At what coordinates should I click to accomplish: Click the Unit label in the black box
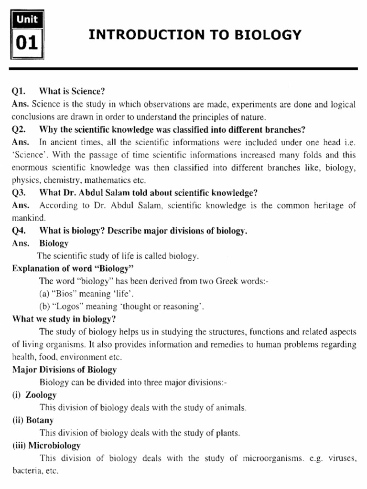(x=26, y=20)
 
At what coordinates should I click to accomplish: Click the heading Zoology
(x=41, y=395)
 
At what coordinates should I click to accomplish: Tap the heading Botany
(x=40, y=420)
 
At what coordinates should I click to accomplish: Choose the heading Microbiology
(x=54, y=446)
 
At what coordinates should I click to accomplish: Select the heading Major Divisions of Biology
(x=64, y=370)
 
